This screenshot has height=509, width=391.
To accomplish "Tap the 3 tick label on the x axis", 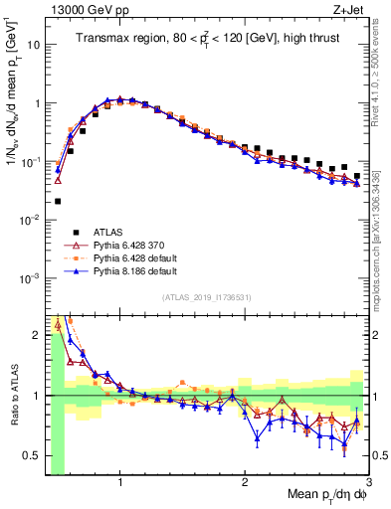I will coord(368,481).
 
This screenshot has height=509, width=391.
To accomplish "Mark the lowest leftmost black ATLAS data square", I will coord(58,201).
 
